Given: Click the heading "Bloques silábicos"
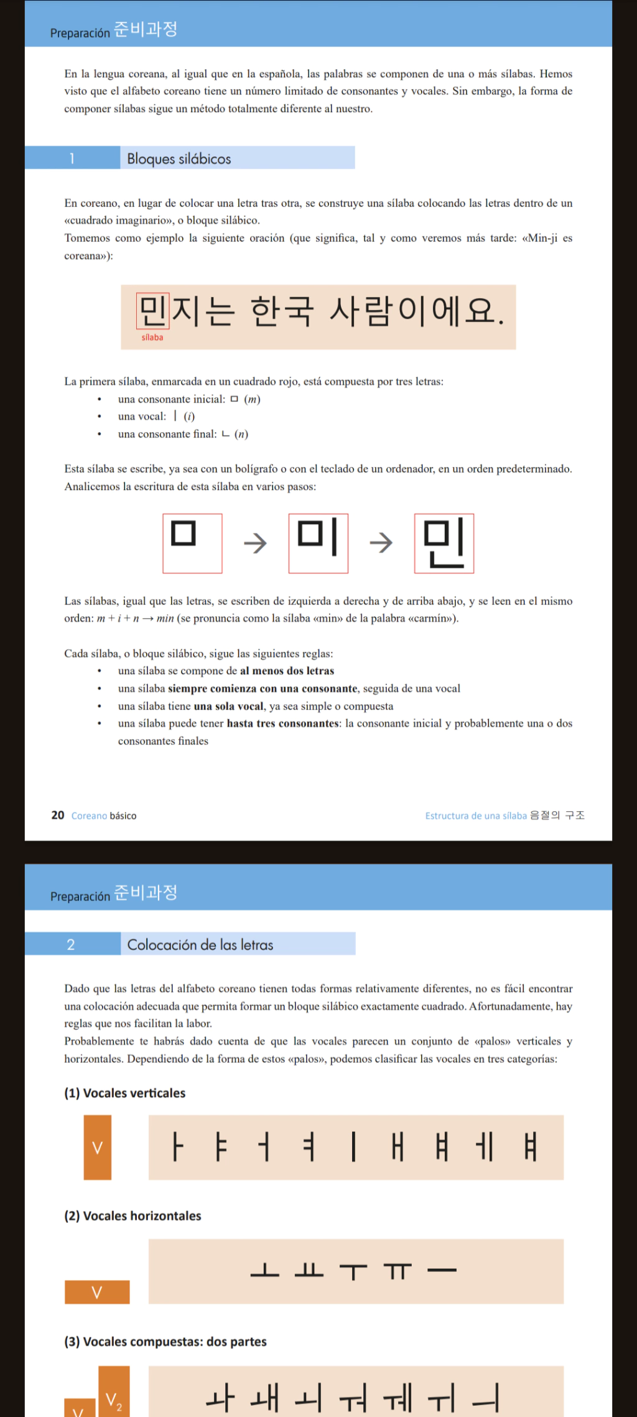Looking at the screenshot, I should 179,159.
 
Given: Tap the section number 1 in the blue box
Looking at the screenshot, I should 72,159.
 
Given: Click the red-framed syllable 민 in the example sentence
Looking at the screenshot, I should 152,311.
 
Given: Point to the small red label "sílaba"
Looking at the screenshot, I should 152,337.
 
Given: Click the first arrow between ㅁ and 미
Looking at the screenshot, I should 255,544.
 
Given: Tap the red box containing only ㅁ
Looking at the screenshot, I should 192,544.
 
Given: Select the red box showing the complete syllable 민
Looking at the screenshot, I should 444,544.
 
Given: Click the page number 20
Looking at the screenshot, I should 58,816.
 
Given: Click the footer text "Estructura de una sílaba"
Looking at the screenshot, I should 476,816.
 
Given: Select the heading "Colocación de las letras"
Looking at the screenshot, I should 200,944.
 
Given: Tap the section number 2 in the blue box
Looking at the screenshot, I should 71,944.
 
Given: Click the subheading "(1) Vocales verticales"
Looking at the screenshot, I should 125,1093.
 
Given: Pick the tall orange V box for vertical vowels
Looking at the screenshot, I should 98,1147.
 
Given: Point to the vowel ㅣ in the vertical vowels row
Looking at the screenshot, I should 353,1147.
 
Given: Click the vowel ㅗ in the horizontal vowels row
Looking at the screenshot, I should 265,1270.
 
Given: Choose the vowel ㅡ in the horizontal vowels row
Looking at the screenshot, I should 442,1270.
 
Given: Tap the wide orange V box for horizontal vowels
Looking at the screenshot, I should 97,1292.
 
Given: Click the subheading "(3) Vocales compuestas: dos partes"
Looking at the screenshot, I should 165,1342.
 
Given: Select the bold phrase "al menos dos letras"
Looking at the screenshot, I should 287,671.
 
